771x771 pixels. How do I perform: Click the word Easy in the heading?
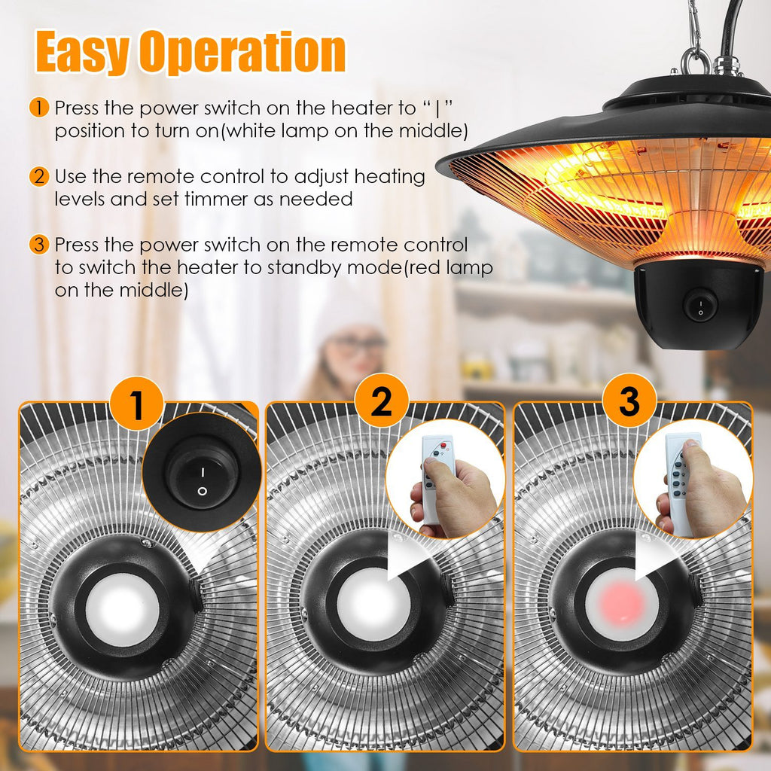83,53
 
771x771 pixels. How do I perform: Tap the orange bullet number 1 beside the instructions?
39,108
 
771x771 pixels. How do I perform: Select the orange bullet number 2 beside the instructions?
39,178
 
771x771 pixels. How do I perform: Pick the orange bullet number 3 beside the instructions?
39,245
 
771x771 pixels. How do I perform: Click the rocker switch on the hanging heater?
700,306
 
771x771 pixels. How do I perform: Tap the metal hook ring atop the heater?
696,60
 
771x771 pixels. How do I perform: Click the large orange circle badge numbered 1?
136,404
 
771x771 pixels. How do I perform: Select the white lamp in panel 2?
373,603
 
